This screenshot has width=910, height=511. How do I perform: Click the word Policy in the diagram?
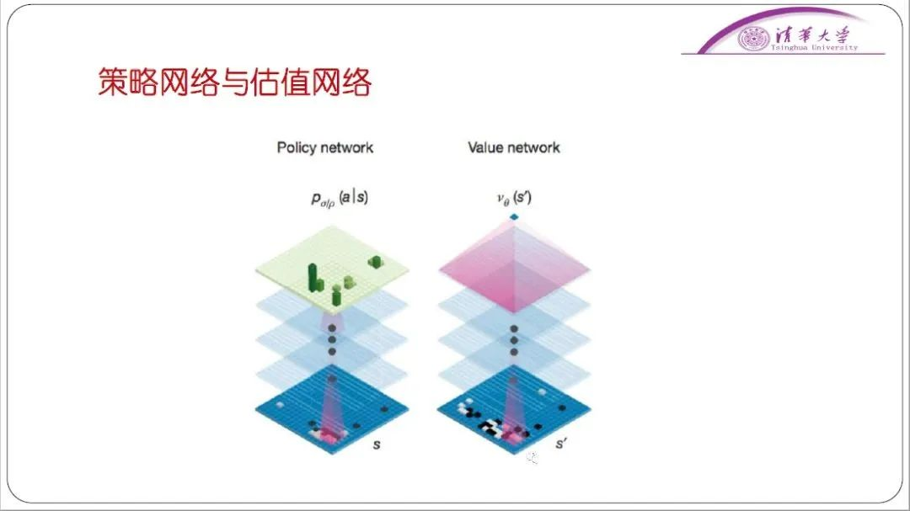click(297, 148)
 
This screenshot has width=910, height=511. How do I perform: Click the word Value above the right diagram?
click(485, 147)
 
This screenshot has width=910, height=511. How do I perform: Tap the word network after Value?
click(533, 147)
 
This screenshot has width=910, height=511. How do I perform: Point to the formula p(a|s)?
click(340, 199)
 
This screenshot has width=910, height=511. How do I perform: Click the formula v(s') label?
click(514, 199)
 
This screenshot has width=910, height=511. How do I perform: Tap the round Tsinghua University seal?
click(753, 39)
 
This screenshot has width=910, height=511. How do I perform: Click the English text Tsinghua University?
click(814, 48)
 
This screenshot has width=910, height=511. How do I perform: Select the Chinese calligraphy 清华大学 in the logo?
click(812, 35)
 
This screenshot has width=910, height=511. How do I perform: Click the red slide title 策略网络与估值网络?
click(234, 82)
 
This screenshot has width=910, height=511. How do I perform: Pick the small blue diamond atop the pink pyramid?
click(514, 217)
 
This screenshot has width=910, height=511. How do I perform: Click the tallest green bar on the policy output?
click(313, 277)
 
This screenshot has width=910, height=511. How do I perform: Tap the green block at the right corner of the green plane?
click(375, 262)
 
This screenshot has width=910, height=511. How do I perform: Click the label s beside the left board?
click(377, 444)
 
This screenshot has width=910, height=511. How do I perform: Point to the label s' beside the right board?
click(560, 444)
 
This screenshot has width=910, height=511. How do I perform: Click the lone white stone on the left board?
click(281, 404)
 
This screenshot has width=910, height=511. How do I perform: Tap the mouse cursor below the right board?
click(533, 458)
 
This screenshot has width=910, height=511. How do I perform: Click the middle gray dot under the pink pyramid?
click(514, 340)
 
